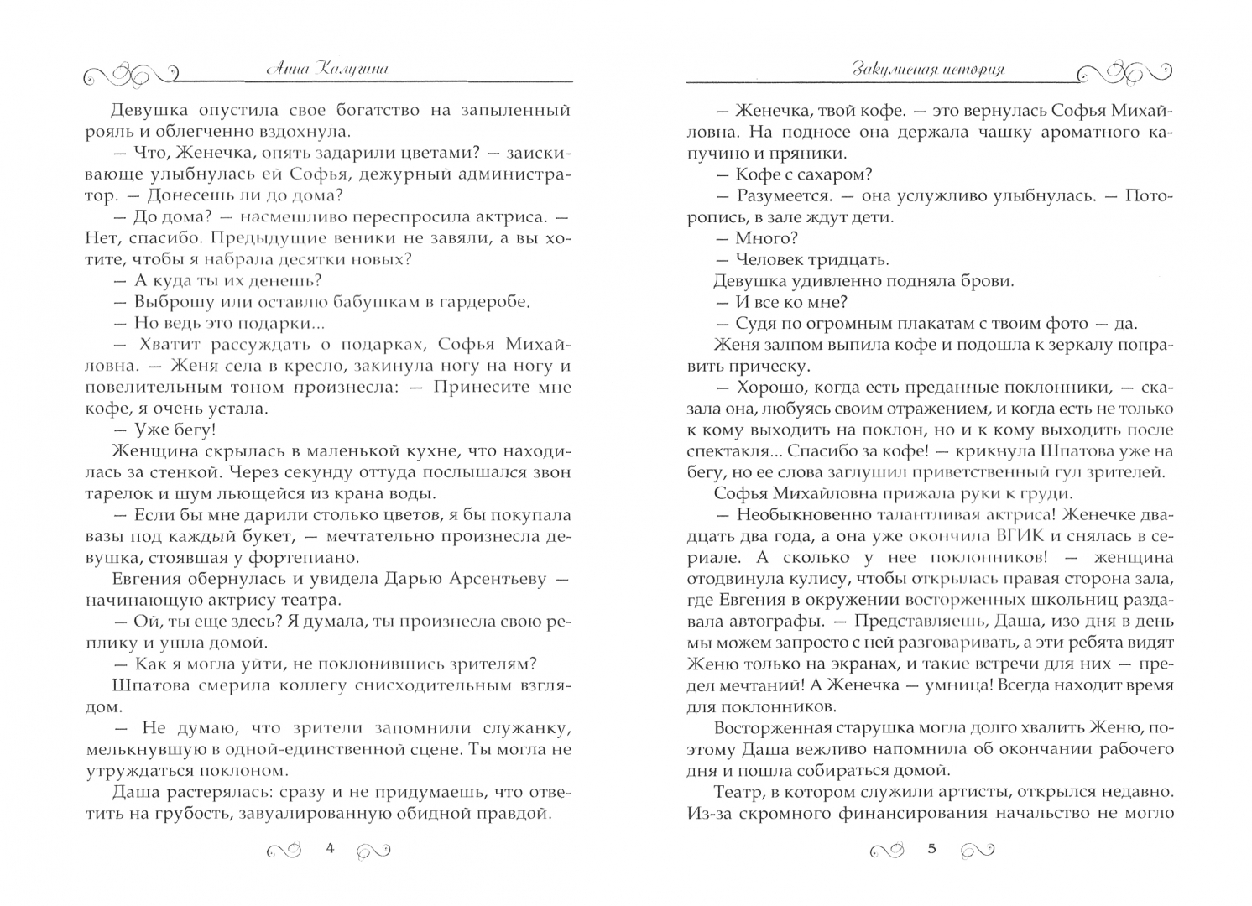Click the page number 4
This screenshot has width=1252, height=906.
[330, 848]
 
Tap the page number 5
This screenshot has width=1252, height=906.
[931, 848]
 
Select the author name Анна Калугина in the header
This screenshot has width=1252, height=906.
[326, 70]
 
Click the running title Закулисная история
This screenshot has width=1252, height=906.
[928, 70]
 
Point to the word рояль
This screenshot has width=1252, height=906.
[110, 131]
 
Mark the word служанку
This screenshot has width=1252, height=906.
[528, 727]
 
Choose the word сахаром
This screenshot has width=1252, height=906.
[831, 174]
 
